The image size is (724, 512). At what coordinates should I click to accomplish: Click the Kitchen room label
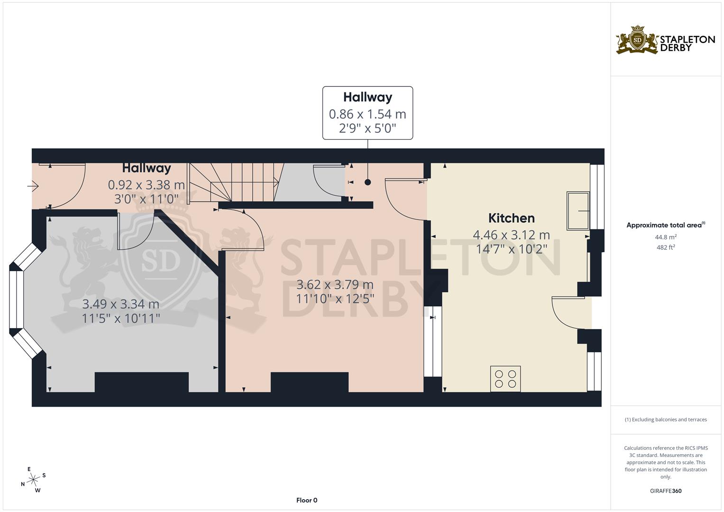coord(511,218)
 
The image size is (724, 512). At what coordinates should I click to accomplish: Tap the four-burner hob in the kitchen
coord(505,379)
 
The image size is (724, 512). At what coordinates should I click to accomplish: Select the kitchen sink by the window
coord(578,210)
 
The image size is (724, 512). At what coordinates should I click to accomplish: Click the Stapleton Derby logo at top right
coord(665,40)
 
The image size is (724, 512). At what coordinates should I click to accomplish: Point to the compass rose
coord(33,480)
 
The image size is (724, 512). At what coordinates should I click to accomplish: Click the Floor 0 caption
coord(306,500)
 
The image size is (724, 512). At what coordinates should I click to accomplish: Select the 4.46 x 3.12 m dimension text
coord(511,235)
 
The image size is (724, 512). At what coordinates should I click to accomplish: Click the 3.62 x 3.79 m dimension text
coord(335,285)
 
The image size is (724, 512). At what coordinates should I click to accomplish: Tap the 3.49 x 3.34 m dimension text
coord(120,304)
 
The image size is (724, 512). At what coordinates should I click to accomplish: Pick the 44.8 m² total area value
coord(666,237)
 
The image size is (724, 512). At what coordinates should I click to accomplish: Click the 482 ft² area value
coord(666,247)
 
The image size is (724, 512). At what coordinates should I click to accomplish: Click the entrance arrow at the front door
coord(33,187)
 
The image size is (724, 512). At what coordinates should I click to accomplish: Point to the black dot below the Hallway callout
coord(367,182)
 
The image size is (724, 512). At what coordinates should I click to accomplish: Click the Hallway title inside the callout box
coord(367,97)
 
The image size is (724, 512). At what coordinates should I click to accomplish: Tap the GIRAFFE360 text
coord(666,491)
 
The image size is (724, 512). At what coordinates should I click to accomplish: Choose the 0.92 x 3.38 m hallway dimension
coord(146,185)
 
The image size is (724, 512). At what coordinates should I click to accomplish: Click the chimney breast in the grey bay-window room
coord(141,382)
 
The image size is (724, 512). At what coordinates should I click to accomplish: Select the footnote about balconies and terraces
coord(666,420)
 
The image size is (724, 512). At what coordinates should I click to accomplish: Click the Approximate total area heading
coord(665,225)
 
